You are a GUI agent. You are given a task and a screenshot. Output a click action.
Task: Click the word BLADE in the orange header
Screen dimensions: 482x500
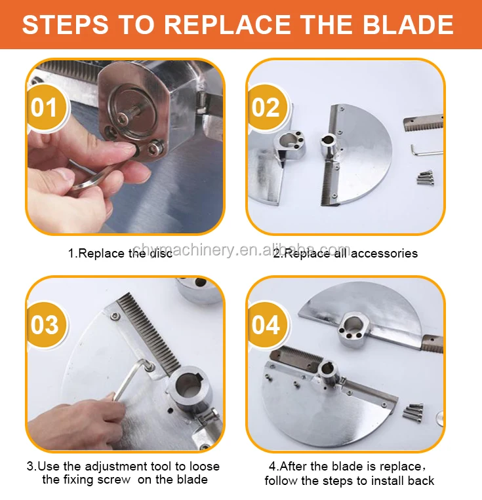tap(409, 24)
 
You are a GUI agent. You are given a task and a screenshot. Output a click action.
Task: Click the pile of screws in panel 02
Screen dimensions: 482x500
tap(425, 178)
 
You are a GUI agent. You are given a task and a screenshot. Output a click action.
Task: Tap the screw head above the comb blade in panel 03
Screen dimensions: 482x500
tap(115, 317)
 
